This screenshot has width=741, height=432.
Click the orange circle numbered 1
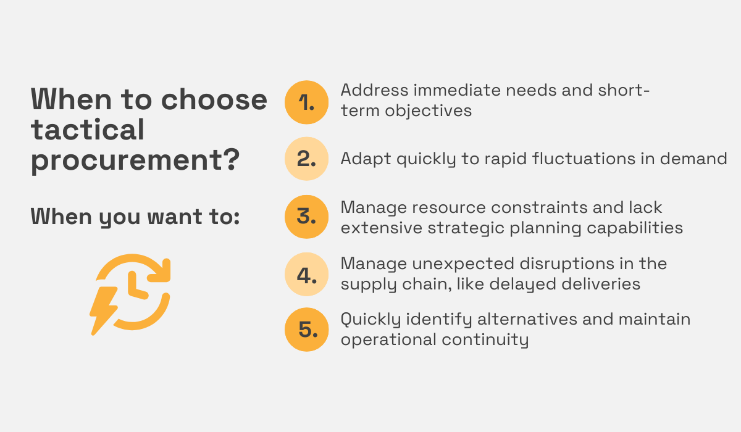click(307, 102)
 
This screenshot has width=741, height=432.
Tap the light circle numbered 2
click(307, 159)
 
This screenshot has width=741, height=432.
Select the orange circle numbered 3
click(307, 217)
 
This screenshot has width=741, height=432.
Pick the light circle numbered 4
click(307, 274)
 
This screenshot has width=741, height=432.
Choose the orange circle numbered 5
click(307, 330)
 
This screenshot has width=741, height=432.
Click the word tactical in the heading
click(88, 130)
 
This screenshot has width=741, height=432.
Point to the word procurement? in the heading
click(135, 160)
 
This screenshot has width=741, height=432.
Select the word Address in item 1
click(375, 90)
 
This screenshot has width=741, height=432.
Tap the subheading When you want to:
click(135, 217)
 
